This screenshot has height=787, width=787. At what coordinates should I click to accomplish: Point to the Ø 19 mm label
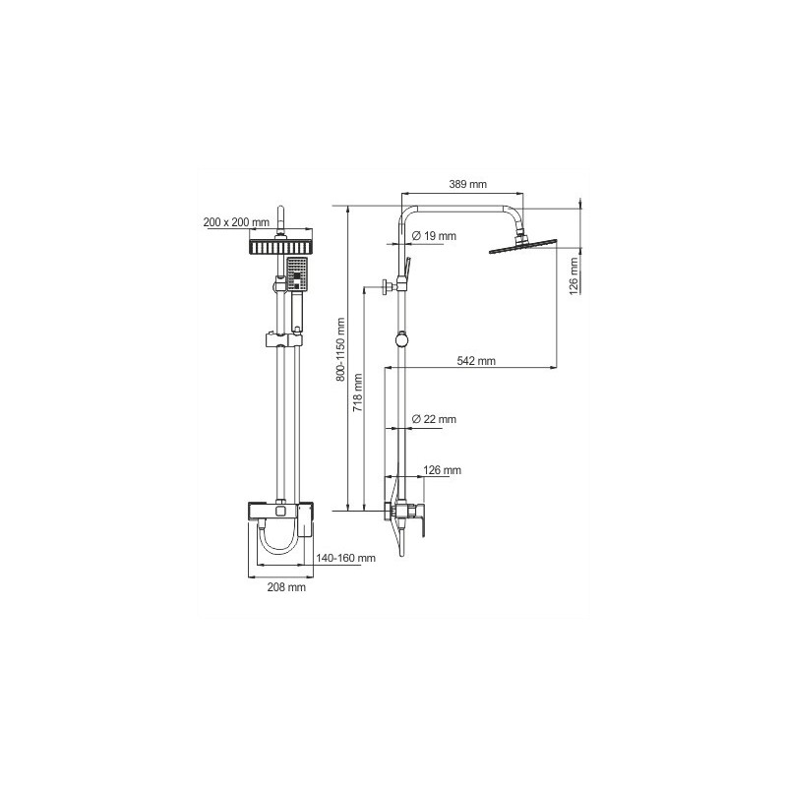(x=434, y=236)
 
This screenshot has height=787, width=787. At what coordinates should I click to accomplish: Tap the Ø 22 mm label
(x=434, y=420)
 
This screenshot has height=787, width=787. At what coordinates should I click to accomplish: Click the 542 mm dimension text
(x=475, y=361)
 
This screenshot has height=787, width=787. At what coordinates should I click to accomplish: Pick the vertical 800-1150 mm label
(x=340, y=349)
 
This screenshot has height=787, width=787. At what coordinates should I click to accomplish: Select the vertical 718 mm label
(x=358, y=391)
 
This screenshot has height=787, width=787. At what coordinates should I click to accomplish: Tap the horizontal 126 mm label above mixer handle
(x=442, y=471)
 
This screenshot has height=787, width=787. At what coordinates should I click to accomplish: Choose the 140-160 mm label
(x=345, y=559)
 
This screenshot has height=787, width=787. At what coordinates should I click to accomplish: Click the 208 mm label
(x=285, y=587)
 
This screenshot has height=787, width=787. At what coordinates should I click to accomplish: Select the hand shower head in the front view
(x=298, y=272)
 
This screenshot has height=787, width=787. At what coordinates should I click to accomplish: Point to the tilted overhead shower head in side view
(x=521, y=246)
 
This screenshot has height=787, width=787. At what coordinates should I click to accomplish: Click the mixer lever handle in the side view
(x=421, y=517)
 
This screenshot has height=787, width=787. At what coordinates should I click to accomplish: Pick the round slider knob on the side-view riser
(x=399, y=340)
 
